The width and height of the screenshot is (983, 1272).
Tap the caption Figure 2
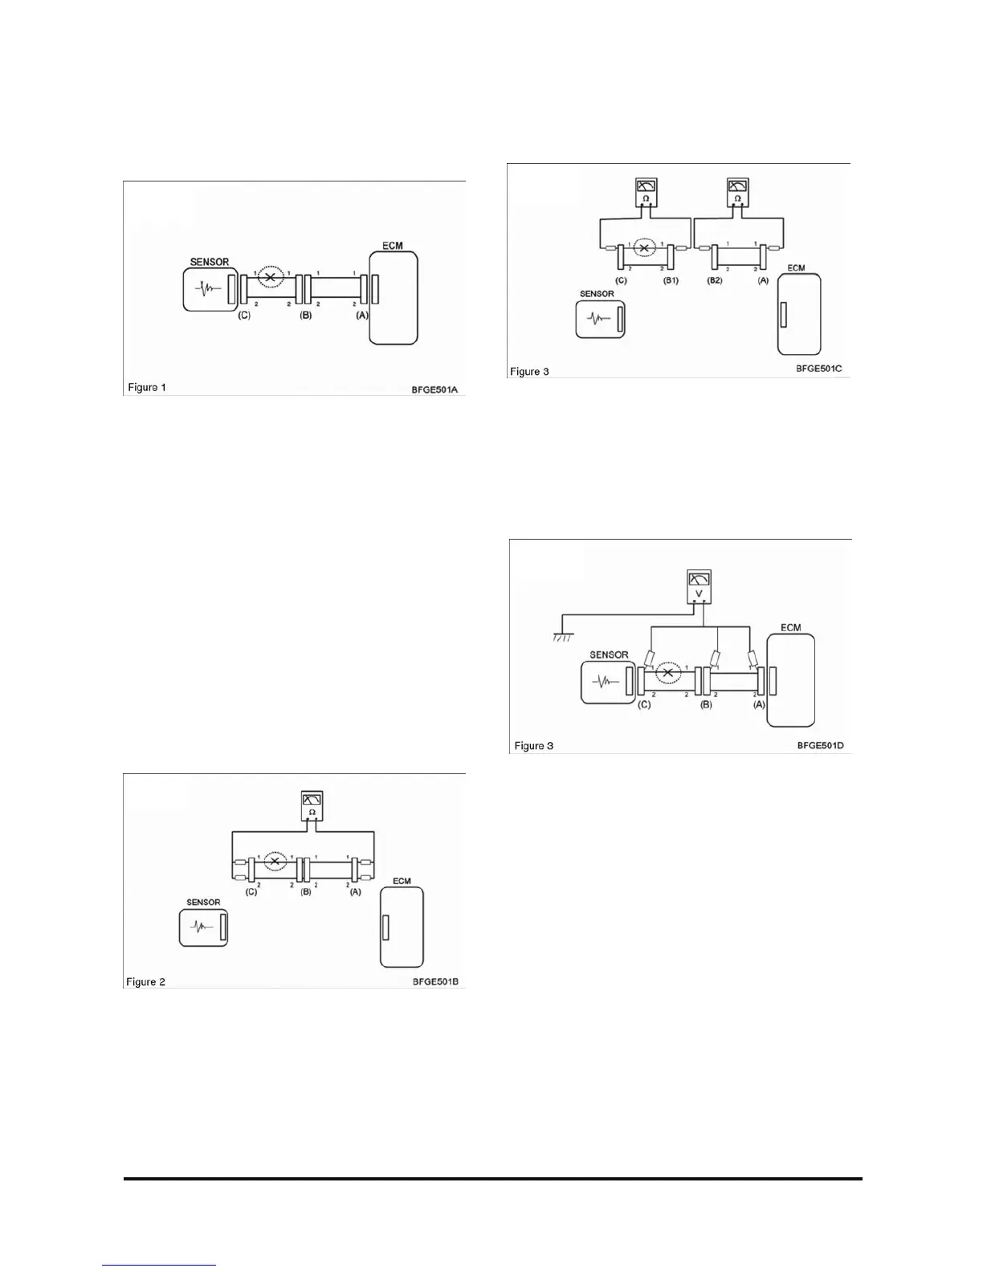[145, 981]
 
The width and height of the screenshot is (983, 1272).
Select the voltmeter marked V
[700, 585]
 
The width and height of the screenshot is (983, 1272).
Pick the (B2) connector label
[714, 280]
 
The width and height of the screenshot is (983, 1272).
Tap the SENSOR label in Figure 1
[209, 262]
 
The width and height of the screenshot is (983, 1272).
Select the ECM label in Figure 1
[393, 246]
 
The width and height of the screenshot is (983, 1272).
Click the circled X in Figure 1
[271, 277]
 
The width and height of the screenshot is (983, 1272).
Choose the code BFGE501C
[819, 369]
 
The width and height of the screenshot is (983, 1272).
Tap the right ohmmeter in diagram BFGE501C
[737, 193]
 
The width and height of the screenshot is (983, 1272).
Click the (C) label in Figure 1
[244, 316]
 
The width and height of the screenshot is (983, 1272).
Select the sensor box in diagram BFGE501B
[203, 927]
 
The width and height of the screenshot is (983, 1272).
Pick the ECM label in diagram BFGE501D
[790, 627]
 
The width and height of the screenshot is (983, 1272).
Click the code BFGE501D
[820, 745]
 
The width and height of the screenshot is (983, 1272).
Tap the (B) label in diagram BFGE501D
[706, 704]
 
